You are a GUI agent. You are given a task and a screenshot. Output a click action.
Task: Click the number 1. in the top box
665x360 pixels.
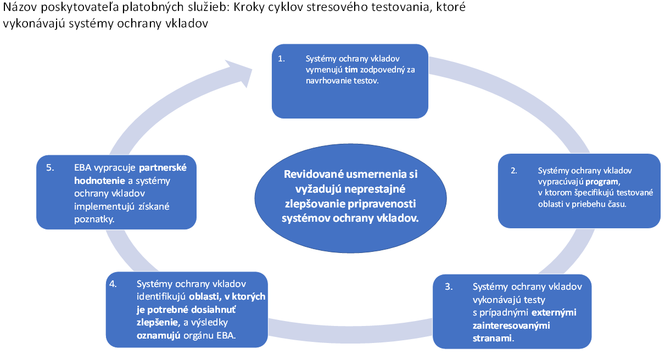click(x=281, y=59)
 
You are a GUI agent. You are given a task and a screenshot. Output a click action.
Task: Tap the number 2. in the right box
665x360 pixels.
click(x=513, y=171)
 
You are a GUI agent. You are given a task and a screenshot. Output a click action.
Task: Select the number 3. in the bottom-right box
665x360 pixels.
click(x=449, y=286)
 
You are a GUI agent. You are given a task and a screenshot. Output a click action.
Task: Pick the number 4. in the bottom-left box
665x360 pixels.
click(x=113, y=284)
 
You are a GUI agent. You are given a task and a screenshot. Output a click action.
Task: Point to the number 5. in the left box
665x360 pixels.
click(x=50, y=168)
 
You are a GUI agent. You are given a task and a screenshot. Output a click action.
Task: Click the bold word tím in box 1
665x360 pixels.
click(x=351, y=70)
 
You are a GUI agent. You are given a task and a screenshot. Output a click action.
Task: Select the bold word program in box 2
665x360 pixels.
click(x=602, y=182)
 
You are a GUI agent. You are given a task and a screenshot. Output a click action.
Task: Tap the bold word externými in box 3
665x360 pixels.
click(x=554, y=312)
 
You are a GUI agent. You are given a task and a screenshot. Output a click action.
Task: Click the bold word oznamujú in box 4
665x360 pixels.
click(x=159, y=335)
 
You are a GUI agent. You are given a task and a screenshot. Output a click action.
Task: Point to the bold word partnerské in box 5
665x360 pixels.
click(x=163, y=168)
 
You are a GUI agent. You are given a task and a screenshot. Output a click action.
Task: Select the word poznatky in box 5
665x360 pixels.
click(x=94, y=220)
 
